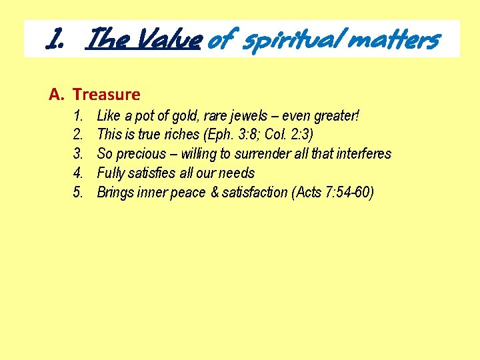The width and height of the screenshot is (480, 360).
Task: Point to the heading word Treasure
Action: [x=107, y=95]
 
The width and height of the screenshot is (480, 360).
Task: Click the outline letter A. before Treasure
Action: [x=57, y=95]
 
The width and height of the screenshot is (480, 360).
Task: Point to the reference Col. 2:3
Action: [x=281, y=135]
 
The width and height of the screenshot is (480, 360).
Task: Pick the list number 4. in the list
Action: [x=78, y=173]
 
